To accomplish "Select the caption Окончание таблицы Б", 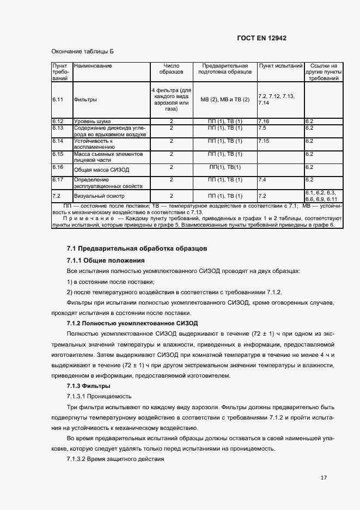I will pyautogui.click(x=83, y=52).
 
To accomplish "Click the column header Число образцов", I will pyautogui.click(x=171, y=69).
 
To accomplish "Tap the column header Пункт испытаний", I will pyautogui.click(x=280, y=65).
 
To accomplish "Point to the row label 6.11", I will pyautogui.click(x=58, y=100).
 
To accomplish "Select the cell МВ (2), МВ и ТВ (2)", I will pyautogui.click(x=225, y=100).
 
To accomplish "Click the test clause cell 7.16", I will pyautogui.click(x=264, y=121).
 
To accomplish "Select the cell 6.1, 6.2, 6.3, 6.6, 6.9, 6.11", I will pyautogui.click(x=323, y=196).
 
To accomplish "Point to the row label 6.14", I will pyautogui.click(x=58, y=141).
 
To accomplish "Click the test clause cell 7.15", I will pyautogui.click(x=264, y=141).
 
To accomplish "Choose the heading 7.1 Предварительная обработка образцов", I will pyautogui.click(x=136, y=248).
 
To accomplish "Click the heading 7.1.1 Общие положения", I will pyautogui.click(x=105, y=260).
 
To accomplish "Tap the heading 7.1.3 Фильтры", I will pyautogui.click(x=84, y=386).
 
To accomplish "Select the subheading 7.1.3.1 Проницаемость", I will pyautogui.click(x=99, y=396).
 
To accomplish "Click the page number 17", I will pyautogui.click(x=324, y=478).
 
